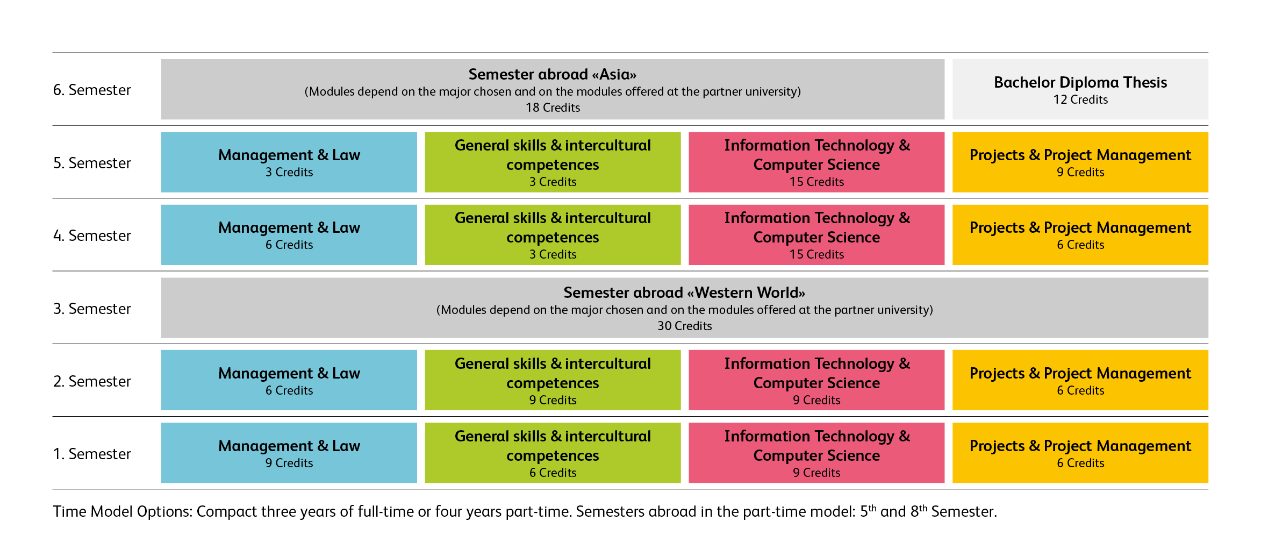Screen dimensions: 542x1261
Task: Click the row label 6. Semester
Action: click(92, 90)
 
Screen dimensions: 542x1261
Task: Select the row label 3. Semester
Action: click(92, 309)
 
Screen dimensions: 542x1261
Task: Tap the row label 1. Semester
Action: click(92, 454)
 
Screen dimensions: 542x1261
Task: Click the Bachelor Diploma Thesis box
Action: click(1080, 89)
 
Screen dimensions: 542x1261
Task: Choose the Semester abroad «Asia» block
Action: click(553, 89)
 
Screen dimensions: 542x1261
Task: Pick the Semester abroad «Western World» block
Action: click(684, 308)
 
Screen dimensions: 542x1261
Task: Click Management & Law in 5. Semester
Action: click(289, 162)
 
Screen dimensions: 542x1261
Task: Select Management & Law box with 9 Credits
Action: click(289, 453)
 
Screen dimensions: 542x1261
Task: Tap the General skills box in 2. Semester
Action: click(553, 381)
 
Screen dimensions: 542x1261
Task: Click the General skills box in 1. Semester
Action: click(553, 453)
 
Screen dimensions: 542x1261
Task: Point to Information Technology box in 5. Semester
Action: click(816, 162)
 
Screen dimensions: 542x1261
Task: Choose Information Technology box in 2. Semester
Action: click(816, 381)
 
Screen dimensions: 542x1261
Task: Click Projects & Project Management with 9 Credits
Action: click(1080, 162)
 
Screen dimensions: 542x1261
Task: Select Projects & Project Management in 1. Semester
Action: click(1080, 453)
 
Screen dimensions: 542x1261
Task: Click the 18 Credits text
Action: click(553, 108)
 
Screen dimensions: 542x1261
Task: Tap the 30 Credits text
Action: click(684, 326)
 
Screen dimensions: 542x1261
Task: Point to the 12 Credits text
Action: click(1080, 99)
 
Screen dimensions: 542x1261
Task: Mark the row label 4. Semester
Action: click(92, 236)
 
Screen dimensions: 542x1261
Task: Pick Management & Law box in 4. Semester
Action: click(289, 235)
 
